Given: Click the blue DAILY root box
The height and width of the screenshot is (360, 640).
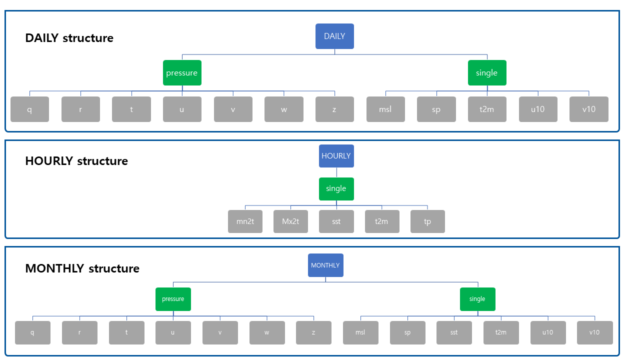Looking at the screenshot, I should pos(334,36).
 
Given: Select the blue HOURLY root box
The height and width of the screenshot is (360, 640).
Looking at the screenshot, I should pos(336,156).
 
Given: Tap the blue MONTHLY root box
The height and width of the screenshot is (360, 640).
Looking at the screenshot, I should pos(325,265).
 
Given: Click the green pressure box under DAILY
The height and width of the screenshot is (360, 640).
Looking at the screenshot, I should pos(182,73).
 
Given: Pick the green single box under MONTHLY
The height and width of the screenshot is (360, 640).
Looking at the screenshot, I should pos(477,299).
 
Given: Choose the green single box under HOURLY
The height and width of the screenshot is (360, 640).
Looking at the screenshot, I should pos(336,188).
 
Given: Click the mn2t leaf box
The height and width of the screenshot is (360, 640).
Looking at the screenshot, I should pos(245,221).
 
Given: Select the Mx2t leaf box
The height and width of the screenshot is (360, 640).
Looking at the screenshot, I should pos(290,221).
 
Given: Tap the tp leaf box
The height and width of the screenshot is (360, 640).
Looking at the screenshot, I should pos(427,221).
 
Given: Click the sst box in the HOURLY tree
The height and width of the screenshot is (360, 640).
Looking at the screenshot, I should pos(336,221).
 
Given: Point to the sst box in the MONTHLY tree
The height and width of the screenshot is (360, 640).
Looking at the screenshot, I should pos(454,332).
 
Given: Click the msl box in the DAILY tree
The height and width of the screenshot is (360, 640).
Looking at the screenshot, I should pos(385,109).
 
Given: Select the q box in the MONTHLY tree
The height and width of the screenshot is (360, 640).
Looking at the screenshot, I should pos(32,332).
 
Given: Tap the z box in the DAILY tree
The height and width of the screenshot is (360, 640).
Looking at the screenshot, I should pos(334,109).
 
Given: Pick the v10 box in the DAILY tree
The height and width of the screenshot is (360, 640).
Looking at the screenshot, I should pos(588,109).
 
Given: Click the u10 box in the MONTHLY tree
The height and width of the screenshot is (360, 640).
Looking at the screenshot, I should pos(548,332).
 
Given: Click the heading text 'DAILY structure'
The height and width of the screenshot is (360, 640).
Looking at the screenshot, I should pos(69,38).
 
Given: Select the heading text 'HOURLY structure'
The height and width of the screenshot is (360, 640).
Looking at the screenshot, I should pos(76,161).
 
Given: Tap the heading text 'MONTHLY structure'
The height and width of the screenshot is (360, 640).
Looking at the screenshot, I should pos(82,268).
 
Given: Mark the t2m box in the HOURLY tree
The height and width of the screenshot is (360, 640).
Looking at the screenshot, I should pos(382,221).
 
